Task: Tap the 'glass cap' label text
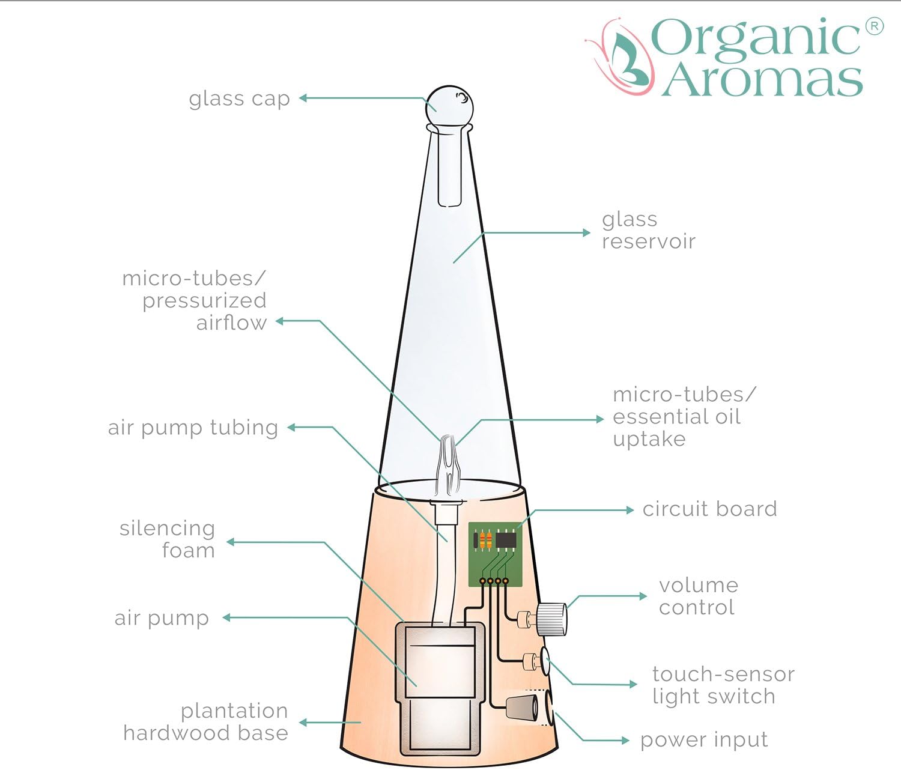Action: pyautogui.click(x=239, y=99)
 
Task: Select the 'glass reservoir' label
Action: pyautogui.click(x=648, y=231)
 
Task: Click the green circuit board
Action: pyautogui.click(x=495, y=554)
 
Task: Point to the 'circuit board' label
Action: pyautogui.click(x=709, y=509)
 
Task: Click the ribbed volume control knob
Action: pyautogui.click(x=551, y=619)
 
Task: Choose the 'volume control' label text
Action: pyautogui.click(x=698, y=596)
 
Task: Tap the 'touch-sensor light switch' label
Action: pyautogui.click(x=723, y=685)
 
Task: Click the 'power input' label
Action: pyautogui.click(x=704, y=740)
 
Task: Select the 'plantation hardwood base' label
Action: pyautogui.click(x=205, y=722)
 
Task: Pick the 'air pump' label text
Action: pyautogui.click(x=162, y=618)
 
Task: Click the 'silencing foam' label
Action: pyautogui.click(x=167, y=539)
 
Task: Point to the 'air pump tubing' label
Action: pyautogui.click(x=193, y=428)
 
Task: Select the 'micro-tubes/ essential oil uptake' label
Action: pyautogui.click(x=684, y=417)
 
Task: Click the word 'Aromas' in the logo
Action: pyautogui.click(x=762, y=80)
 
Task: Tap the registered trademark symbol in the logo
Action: pyautogui.click(x=874, y=26)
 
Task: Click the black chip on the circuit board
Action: pyautogui.click(x=506, y=539)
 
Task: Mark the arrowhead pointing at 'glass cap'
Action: pyautogui.click(x=303, y=98)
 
